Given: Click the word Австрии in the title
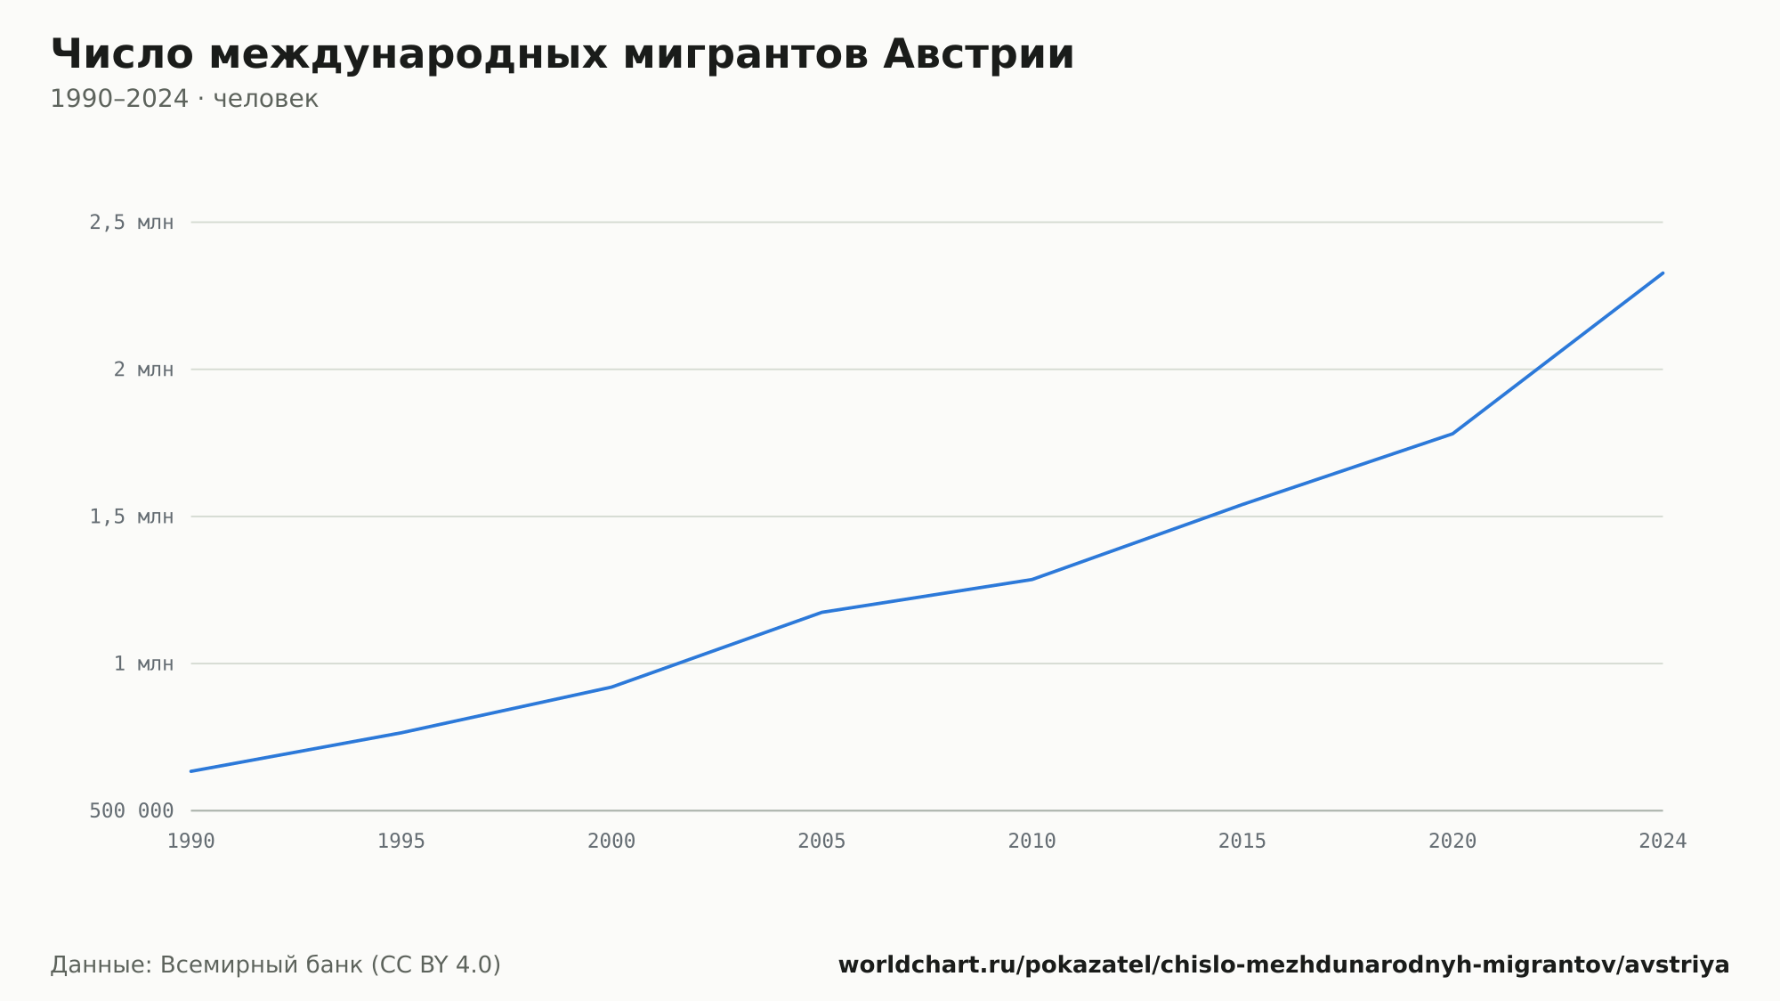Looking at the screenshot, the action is [979, 54].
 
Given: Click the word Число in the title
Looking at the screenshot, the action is [122, 54].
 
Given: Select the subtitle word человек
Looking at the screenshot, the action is [265, 99].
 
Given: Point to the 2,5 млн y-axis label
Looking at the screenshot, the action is [132, 223].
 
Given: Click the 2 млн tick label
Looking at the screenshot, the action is [143, 370].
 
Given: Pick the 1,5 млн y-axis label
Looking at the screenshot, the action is [132, 517].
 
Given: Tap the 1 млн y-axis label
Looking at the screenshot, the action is [143, 663].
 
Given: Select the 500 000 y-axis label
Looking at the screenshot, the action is [132, 810].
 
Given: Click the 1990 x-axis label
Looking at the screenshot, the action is [191, 842].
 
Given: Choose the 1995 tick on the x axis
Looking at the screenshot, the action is [401, 842].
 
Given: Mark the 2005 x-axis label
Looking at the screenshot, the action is [821, 842].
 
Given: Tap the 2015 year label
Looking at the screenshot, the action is [1242, 842].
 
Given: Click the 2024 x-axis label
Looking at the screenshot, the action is [1663, 842].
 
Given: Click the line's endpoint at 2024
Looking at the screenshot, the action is [1663, 273].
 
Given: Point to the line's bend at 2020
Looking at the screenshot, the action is [1452, 434].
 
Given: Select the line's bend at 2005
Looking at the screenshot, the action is [821, 613].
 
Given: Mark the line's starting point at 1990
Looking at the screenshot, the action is [191, 771].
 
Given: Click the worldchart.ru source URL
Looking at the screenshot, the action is [1283, 965].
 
